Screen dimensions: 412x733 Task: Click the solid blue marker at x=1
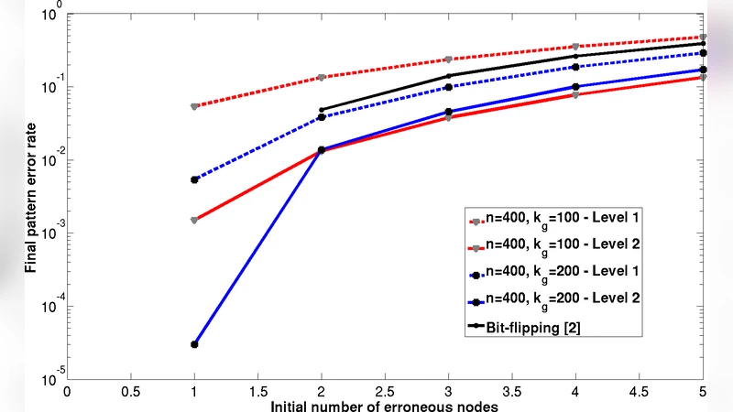click(x=194, y=344)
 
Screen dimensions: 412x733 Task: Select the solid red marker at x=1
click(x=194, y=220)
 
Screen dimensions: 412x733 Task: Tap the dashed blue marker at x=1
click(x=194, y=179)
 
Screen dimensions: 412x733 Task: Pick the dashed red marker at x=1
click(x=194, y=106)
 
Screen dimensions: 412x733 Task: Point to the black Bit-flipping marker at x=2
click(x=322, y=110)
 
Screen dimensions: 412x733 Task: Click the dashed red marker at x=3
click(x=449, y=60)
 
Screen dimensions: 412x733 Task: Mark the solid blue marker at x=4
click(x=575, y=87)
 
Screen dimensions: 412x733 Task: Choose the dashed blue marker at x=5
click(x=703, y=53)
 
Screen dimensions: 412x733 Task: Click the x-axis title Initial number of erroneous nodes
click(x=385, y=405)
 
